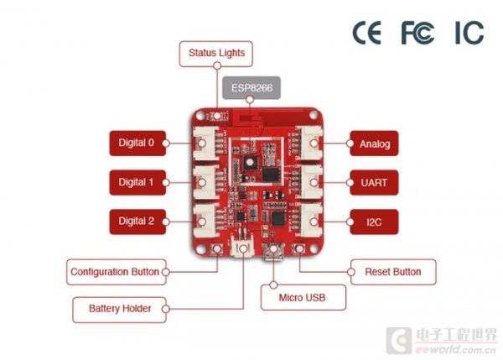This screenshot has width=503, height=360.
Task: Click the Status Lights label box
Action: [x=216, y=54]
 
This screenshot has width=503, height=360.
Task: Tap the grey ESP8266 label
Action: [x=251, y=87]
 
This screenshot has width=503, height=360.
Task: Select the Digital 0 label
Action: [x=137, y=143]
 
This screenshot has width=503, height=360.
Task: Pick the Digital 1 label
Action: [x=137, y=182]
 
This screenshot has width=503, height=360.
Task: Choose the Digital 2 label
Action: [x=137, y=222]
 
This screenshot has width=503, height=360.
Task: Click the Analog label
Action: [x=374, y=143]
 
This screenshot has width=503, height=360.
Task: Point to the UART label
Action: [x=374, y=182]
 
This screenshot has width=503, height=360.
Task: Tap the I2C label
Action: [x=374, y=222]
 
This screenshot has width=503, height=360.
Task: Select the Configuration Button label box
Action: [x=117, y=272]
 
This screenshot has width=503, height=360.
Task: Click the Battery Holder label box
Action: [x=119, y=310]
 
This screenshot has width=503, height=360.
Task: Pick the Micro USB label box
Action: [x=303, y=297]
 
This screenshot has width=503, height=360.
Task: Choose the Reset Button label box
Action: [x=393, y=272]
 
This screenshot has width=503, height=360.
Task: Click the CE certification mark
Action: [x=367, y=33]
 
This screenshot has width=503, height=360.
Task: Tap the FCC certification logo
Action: [x=417, y=33]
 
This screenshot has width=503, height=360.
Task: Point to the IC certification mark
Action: [x=469, y=33]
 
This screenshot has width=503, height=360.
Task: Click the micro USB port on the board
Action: [x=273, y=251]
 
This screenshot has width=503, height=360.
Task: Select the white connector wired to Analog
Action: [x=310, y=143]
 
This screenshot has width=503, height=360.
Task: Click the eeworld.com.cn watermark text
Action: [x=455, y=349]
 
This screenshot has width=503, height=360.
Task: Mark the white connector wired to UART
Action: [x=310, y=182]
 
